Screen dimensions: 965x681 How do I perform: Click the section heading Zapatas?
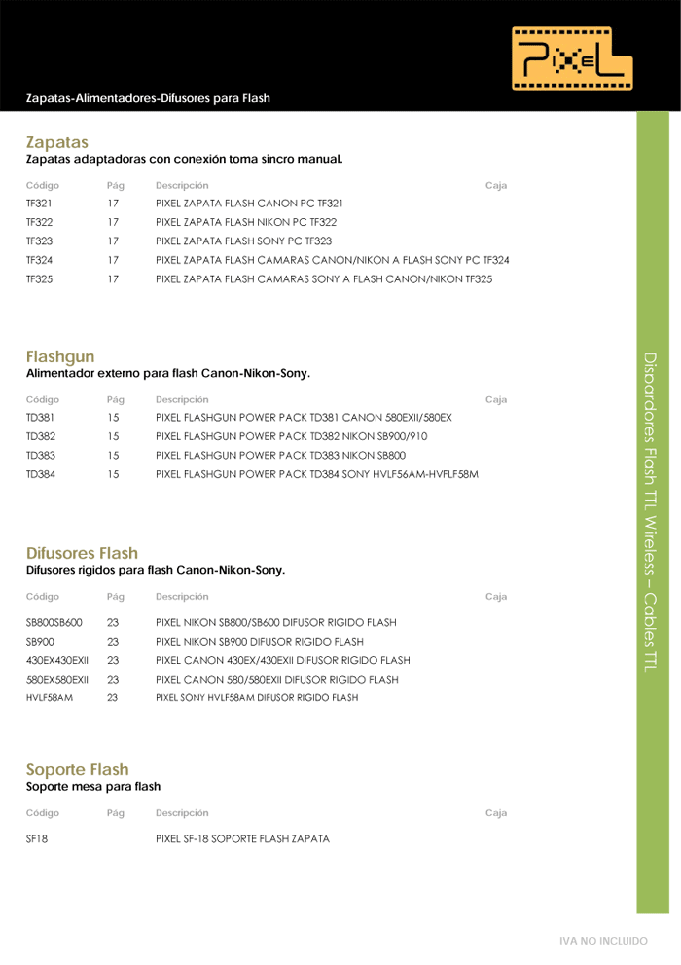tap(57, 142)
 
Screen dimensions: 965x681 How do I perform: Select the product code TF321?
tap(39, 204)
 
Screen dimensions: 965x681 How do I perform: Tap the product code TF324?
tap(39, 260)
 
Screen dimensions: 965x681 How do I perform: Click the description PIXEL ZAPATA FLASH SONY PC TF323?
tap(243, 241)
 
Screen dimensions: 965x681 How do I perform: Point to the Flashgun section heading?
tap(60, 356)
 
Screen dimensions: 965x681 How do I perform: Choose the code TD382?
tap(40, 436)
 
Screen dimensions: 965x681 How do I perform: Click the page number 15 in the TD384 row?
tap(113, 474)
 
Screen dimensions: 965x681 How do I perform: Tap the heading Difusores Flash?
tap(82, 553)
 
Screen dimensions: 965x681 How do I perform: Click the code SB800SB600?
tap(54, 622)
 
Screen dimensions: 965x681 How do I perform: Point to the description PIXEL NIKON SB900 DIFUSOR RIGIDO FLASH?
tap(260, 642)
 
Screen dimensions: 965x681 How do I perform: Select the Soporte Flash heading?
tap(77, 769)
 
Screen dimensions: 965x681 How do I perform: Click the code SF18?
tap(37, 838)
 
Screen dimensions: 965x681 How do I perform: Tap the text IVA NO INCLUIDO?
tap(602, 942)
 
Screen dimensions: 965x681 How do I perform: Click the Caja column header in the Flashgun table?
tap(495, 399)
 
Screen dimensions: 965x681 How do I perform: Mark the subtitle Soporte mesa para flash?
tap(93, 786)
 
